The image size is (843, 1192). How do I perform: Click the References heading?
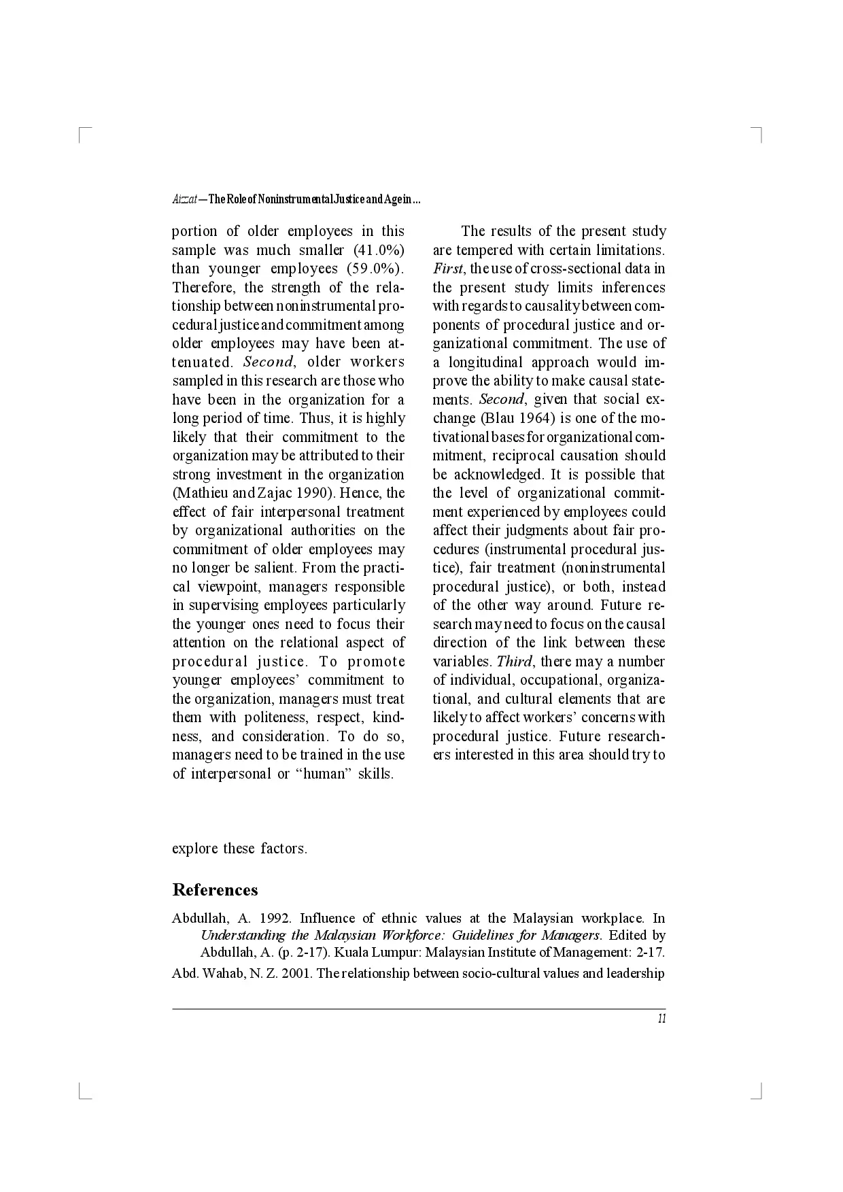[215, 890]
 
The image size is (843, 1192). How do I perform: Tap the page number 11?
[661, 1018]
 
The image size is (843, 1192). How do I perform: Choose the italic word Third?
[515, 662]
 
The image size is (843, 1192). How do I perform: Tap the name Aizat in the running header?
[184, 201]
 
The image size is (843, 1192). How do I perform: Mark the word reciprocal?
[523, 456]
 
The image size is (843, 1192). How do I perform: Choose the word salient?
[274, 568]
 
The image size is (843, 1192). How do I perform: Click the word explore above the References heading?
[196, 849]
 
